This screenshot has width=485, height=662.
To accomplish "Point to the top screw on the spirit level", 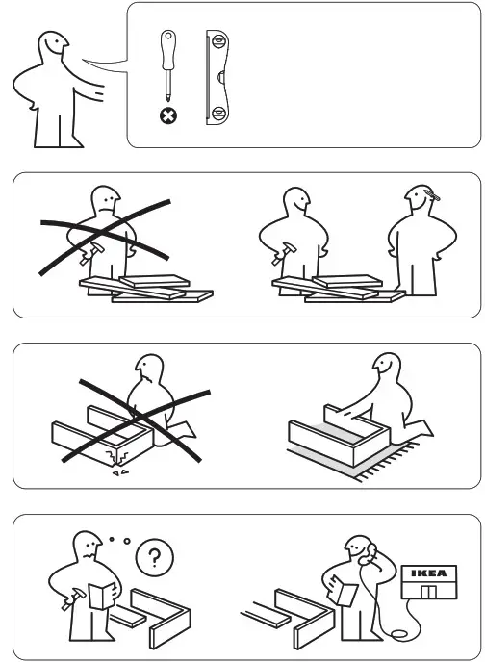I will click(x=217, y=43).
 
